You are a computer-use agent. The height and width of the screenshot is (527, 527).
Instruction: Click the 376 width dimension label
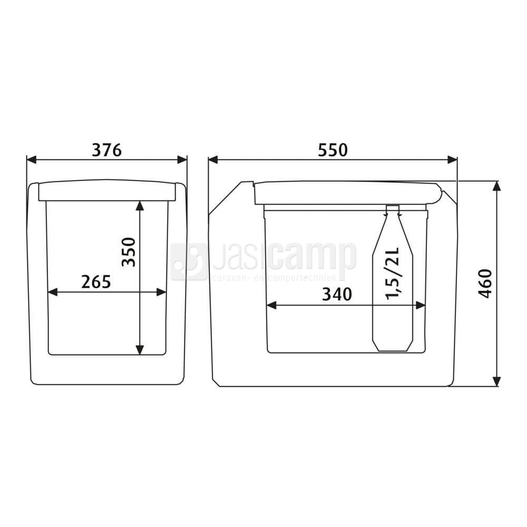pyautogui.click(x=106, y=150)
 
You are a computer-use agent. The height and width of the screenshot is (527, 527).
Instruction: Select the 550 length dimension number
pyautogui.click(x=333, y=150)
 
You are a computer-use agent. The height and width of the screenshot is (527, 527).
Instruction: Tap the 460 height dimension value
pyautogui.click(x=485, y=284)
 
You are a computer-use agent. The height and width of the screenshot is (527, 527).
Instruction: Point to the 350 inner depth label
pyautogui.click(x=129, y=252)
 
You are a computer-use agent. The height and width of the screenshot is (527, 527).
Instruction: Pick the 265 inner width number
pyautogui.click(x=96, y=282)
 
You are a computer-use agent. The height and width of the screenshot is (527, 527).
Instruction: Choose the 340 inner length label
pyautogui.click(x=337, y=295)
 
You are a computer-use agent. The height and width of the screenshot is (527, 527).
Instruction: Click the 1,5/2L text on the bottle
pyautogui.click(x=392, y=273)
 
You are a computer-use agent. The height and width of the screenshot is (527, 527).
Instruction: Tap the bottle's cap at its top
pyautogui.click(x=393, y=209)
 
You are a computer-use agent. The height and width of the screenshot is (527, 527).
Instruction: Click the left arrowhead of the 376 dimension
pyautogui.click(x=31, y=160)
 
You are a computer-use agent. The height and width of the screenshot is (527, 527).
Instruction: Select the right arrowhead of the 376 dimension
pyautogui.click(x=182, y=160)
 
